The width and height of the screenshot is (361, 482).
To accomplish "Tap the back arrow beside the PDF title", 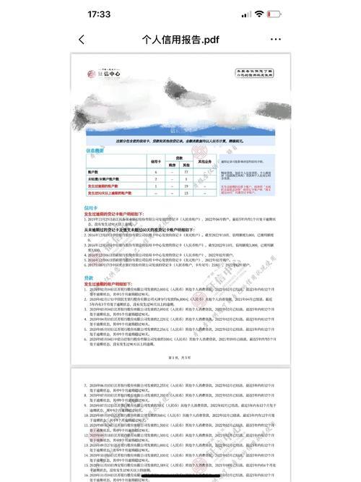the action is [x=82, y=40].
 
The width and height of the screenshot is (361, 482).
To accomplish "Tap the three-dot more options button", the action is [x=276, y=40].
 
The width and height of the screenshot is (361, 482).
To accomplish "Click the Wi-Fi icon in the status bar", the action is [x=258, y=14].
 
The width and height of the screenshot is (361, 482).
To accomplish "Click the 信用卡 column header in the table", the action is [x=154, y=163].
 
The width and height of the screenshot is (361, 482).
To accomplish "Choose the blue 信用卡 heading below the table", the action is [x=91, y=207].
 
